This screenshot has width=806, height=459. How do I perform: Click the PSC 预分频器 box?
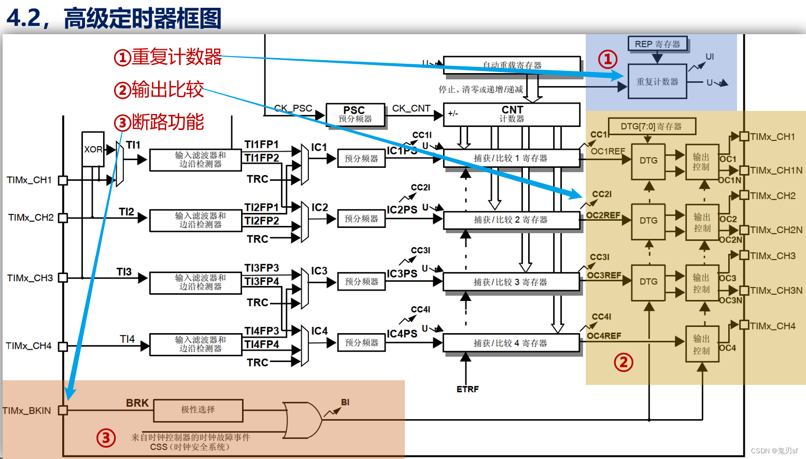point(355,114)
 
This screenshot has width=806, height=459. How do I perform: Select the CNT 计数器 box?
point(512,114)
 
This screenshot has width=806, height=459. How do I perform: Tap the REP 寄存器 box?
point(657,44)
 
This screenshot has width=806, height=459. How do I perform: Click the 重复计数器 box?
point(657,81)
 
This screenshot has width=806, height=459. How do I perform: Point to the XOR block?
point(93,149)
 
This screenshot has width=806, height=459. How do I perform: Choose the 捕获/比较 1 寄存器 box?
point(511,158)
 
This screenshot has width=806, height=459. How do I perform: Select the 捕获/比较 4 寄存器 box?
point(511,343)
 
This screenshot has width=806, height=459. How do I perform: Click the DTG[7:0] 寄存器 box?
point(651,126)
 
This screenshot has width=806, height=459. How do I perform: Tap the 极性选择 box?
point(198,410)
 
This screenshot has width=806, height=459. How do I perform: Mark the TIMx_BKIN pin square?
point(63,410)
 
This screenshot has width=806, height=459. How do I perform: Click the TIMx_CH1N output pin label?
point(776,170)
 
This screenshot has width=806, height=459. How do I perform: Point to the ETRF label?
point(468,389)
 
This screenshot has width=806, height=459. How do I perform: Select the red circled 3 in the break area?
point(106,438)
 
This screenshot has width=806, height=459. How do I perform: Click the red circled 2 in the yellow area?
point(624,362)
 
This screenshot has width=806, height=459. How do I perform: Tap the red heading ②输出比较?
point(159,90)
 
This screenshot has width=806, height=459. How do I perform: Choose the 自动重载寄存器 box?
point(512,65)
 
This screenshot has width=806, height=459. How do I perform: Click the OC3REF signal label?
point(604,275)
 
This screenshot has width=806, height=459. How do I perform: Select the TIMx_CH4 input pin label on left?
point(29,346)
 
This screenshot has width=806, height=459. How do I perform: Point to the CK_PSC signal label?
point(293,108)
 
